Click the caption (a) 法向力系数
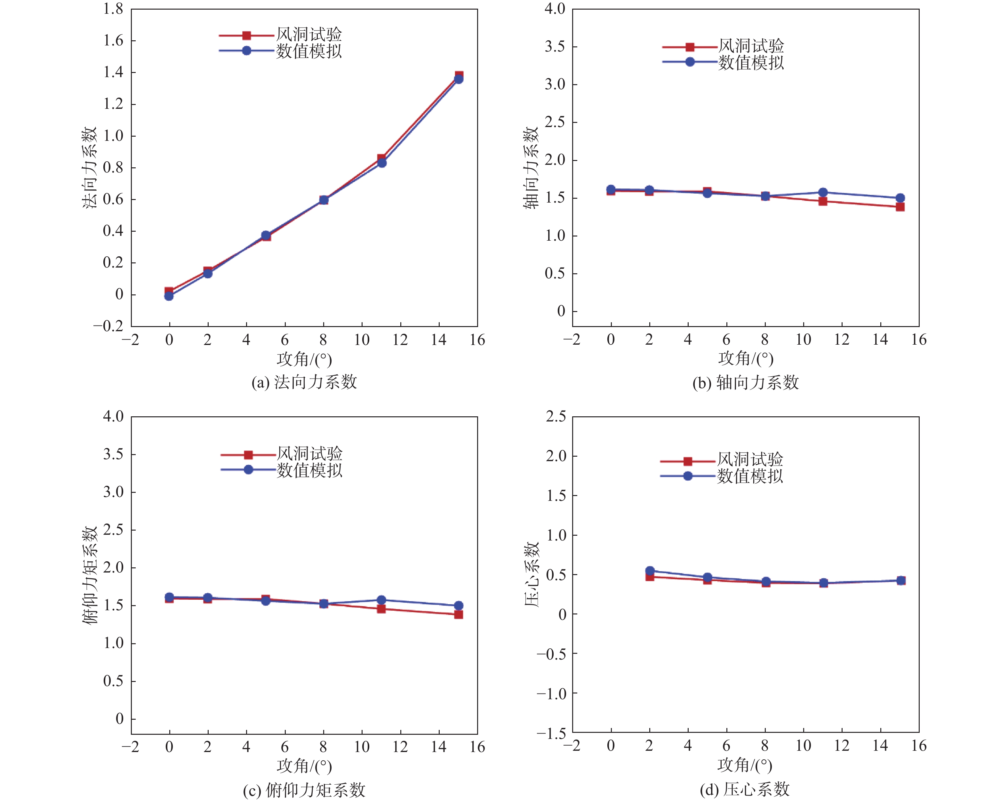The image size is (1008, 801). point(304,382)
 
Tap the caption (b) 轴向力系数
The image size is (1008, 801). point(745,382)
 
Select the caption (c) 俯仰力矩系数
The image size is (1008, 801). point(304,790)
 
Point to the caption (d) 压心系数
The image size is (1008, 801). point(744,789)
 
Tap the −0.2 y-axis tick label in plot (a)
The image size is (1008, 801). point(108,325)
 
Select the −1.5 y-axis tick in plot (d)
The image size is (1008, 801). point(551,733)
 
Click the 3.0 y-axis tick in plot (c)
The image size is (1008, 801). point(113,492)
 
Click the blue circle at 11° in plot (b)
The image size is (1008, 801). point(823,192)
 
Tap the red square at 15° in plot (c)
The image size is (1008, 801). point(459,614)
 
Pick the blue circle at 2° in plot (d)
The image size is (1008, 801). point(649,571)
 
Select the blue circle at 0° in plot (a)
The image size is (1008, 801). point(169,296)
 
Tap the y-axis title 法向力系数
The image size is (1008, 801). point(89,167)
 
